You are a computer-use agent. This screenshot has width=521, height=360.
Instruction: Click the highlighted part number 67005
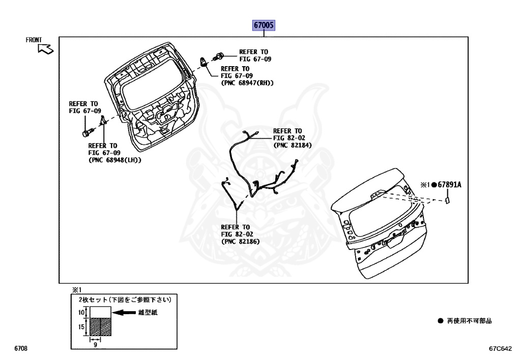pyautogui.click(x=265, y=25)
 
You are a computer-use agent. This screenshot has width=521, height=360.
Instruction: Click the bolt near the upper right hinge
pyautogui.click(x=221, y=55)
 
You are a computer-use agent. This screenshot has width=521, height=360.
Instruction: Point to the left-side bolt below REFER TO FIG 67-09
pyautogui.click(x=85, y=133)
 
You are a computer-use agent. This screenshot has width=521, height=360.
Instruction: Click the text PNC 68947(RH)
pyautogui.click(x=247, y=82)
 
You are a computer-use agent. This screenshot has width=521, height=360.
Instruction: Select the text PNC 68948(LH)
pyautogui.click(x=114, y=159)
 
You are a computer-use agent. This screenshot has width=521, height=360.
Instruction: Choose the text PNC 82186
pyautogui.click(x=240, y=241)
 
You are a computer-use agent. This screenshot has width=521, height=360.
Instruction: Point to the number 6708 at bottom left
pyautogui.click(x=21, y=349)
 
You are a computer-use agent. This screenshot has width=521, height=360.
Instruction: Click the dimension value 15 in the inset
pyautogui.click(x=81, y=327)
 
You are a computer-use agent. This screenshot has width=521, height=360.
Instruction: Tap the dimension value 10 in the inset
pyautogui.click(x=81, y=312)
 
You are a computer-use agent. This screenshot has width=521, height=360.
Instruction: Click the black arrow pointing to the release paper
pyautogui.click(x=124, y=313)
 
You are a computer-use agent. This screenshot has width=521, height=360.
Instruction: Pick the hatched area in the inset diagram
pyautogui.click(x=100, y=327)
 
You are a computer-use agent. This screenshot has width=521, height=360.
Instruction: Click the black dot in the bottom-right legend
pyautogui.click(x=441, y=321)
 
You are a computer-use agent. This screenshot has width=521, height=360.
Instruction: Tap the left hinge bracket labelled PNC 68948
pyautogui.click(x=102, y=120)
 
